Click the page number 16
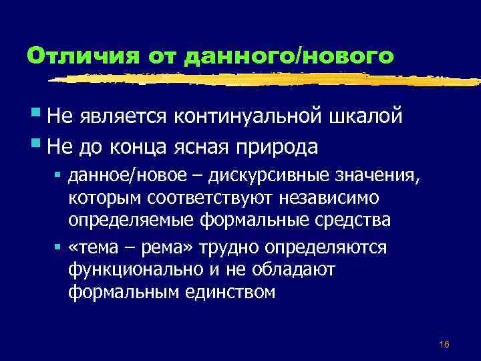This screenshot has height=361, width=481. pyautogui.click(x=444, y=344)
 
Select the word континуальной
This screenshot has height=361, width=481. pyautogui.click(x=247, y=118)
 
